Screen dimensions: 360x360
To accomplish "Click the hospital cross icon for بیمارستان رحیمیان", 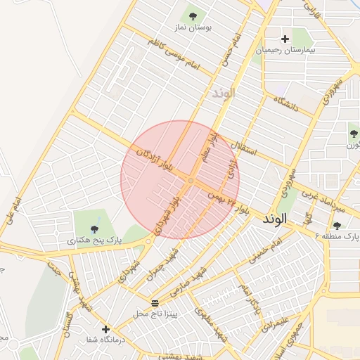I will click(285, 39).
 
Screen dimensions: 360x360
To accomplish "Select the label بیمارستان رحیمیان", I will click(285, 51).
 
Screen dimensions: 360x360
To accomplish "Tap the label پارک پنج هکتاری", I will click(95, 240).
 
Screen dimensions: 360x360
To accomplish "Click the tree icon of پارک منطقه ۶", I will click(338, 225).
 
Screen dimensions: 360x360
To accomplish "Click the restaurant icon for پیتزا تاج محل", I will click(155, 303).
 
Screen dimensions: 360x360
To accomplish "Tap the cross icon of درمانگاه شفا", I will click(105, 328).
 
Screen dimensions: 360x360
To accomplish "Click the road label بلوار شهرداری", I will click(168, 211).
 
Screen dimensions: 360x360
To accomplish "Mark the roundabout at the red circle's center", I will click(191, 181).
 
